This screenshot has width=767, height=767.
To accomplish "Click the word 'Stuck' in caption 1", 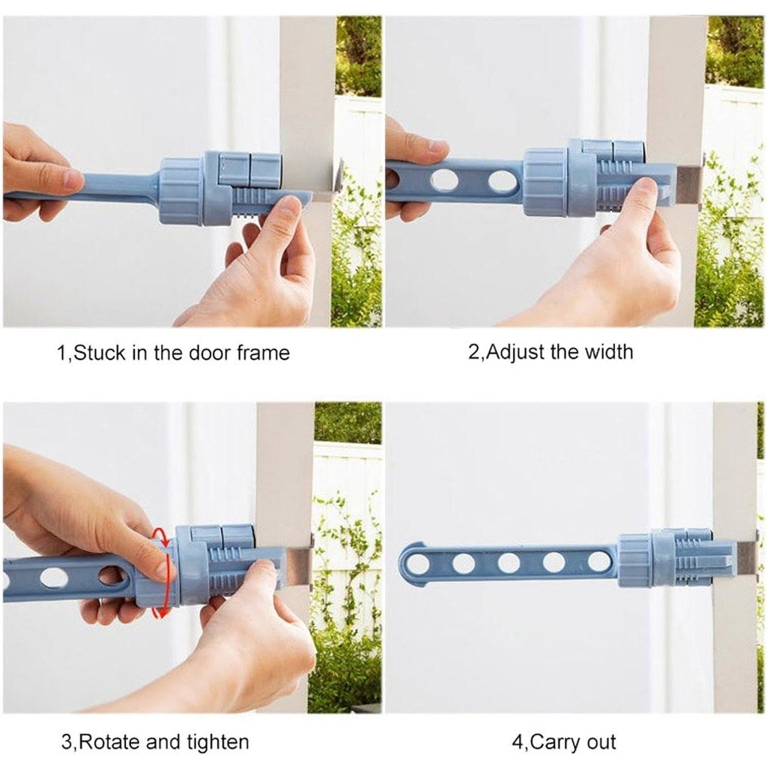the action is (x=100, y=353).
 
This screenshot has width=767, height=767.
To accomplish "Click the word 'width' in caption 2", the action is (x=608, y=352).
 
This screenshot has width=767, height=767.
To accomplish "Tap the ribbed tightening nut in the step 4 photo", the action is (x=634, y=560).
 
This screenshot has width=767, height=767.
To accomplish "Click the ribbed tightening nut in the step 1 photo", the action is (x=181, y=192).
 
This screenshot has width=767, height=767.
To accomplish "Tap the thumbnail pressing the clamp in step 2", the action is (x=647, y=187).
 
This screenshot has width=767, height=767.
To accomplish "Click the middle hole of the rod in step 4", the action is (x=509, y=563).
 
